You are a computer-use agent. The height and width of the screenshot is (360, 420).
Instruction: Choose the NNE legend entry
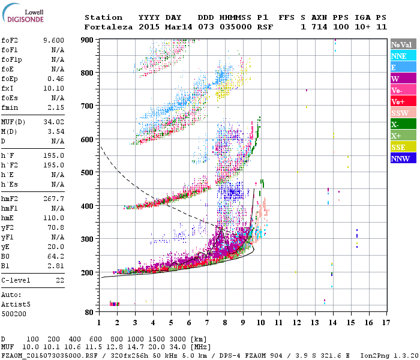click(399, 56)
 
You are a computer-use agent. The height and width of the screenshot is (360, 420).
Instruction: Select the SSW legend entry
click(400, 113)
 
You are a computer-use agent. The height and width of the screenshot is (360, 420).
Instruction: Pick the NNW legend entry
click(400, 158)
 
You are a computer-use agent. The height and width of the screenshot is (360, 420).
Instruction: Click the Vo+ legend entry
click(398, 101)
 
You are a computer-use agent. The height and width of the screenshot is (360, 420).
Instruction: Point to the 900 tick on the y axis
click(88, 40)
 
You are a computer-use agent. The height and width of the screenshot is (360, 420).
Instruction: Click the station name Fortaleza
click(106, 27)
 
